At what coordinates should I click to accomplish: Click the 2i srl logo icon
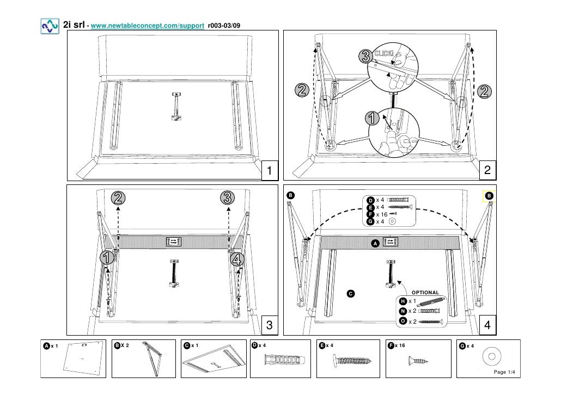(x=50, y=27)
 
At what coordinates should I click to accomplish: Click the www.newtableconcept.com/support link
(x=148, y=26)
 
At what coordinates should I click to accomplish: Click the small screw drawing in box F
(x=418, y=361)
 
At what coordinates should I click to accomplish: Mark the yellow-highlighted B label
(x=489, y=195)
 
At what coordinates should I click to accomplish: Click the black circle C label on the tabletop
(x=351, y=294)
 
